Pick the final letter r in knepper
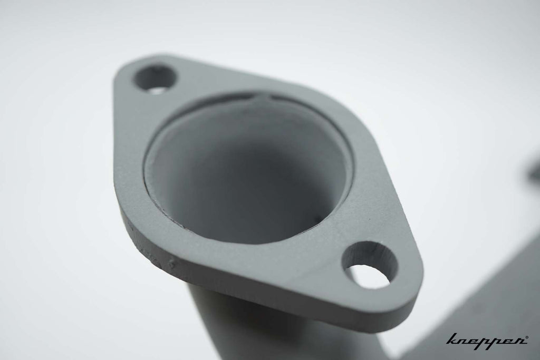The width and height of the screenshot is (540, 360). point(518,339)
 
